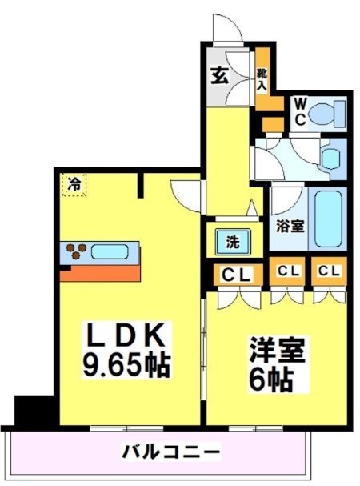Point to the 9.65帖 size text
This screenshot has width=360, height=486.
[x=126, y=366]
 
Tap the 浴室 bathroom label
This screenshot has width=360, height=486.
[x=290, y=225]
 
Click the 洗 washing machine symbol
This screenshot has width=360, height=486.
[x=232, y=239]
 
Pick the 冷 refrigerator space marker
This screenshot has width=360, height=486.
[x=73, y=183]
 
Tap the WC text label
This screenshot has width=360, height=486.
[x=298, y=110]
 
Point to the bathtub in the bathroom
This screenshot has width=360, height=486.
[x=329, y=219]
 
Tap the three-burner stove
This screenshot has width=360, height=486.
[x=77, y=251]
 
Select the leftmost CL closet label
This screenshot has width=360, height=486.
[x=236, y=275]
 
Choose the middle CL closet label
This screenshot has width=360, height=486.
[x=288, y=271]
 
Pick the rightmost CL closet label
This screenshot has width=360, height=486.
[x=327, y=271]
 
